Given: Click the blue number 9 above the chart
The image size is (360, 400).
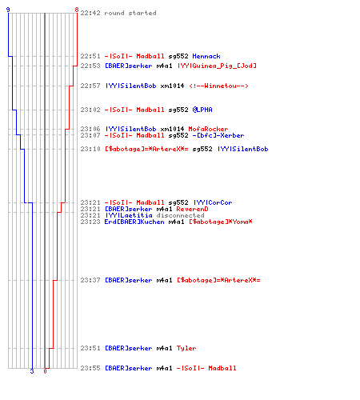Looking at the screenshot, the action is pos(8,10).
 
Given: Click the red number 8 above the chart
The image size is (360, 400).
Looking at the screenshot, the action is pos(77,10).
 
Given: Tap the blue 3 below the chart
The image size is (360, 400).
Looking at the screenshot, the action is pos(32,371).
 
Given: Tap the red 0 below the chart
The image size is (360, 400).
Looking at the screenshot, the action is pos(45,371).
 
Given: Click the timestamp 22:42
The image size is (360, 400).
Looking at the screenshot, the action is pos(90,13).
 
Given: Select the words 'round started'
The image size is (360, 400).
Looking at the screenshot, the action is pos(130,13).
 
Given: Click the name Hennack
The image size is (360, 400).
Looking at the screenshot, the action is pos(206,56).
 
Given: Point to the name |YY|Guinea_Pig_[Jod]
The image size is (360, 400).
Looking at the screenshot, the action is pos(217,66).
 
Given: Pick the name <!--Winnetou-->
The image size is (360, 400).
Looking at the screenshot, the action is pos(218,86).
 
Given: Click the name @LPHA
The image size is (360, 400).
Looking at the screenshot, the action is pos(202,110).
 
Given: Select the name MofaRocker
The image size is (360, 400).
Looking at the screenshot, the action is pos(208,129).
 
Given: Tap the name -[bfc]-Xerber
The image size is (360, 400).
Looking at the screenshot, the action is pos(218,135).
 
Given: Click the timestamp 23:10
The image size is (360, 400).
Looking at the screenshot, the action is pos(90,149).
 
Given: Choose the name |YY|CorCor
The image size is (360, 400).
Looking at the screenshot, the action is pos(213,202).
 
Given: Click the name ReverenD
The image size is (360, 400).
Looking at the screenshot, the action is pos(192,209).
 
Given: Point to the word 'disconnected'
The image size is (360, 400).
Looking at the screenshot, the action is pos(181,215).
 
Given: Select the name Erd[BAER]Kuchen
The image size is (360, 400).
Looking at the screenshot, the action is pos(134,222).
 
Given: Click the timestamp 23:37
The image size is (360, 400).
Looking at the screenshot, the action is pos(90,280).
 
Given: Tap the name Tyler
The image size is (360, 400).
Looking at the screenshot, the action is pos(186,348).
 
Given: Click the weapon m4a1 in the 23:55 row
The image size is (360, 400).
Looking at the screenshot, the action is pos(164,368).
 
